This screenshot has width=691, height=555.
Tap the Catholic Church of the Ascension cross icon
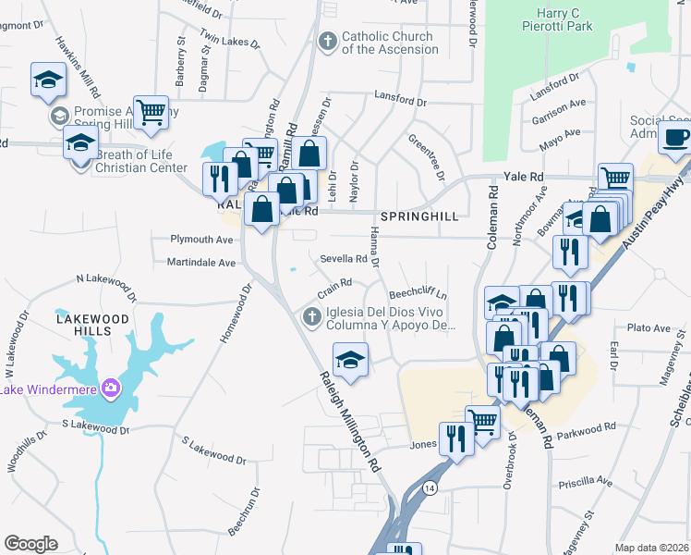(326, 42)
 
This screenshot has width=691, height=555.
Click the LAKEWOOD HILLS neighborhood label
(90, 318)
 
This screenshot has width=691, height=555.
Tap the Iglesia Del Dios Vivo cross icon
(312, 318)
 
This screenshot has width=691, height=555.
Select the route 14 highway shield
(429, 487)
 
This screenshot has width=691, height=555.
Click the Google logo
(30, 543)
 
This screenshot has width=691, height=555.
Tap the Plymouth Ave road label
(202, 239)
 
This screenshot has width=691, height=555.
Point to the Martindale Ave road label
(201, 263)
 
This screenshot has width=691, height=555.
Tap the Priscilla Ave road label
(587, 483)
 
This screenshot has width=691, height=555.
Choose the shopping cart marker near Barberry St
(151, 113)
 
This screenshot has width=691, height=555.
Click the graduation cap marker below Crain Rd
(350, 359)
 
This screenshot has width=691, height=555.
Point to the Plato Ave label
(648, 328)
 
